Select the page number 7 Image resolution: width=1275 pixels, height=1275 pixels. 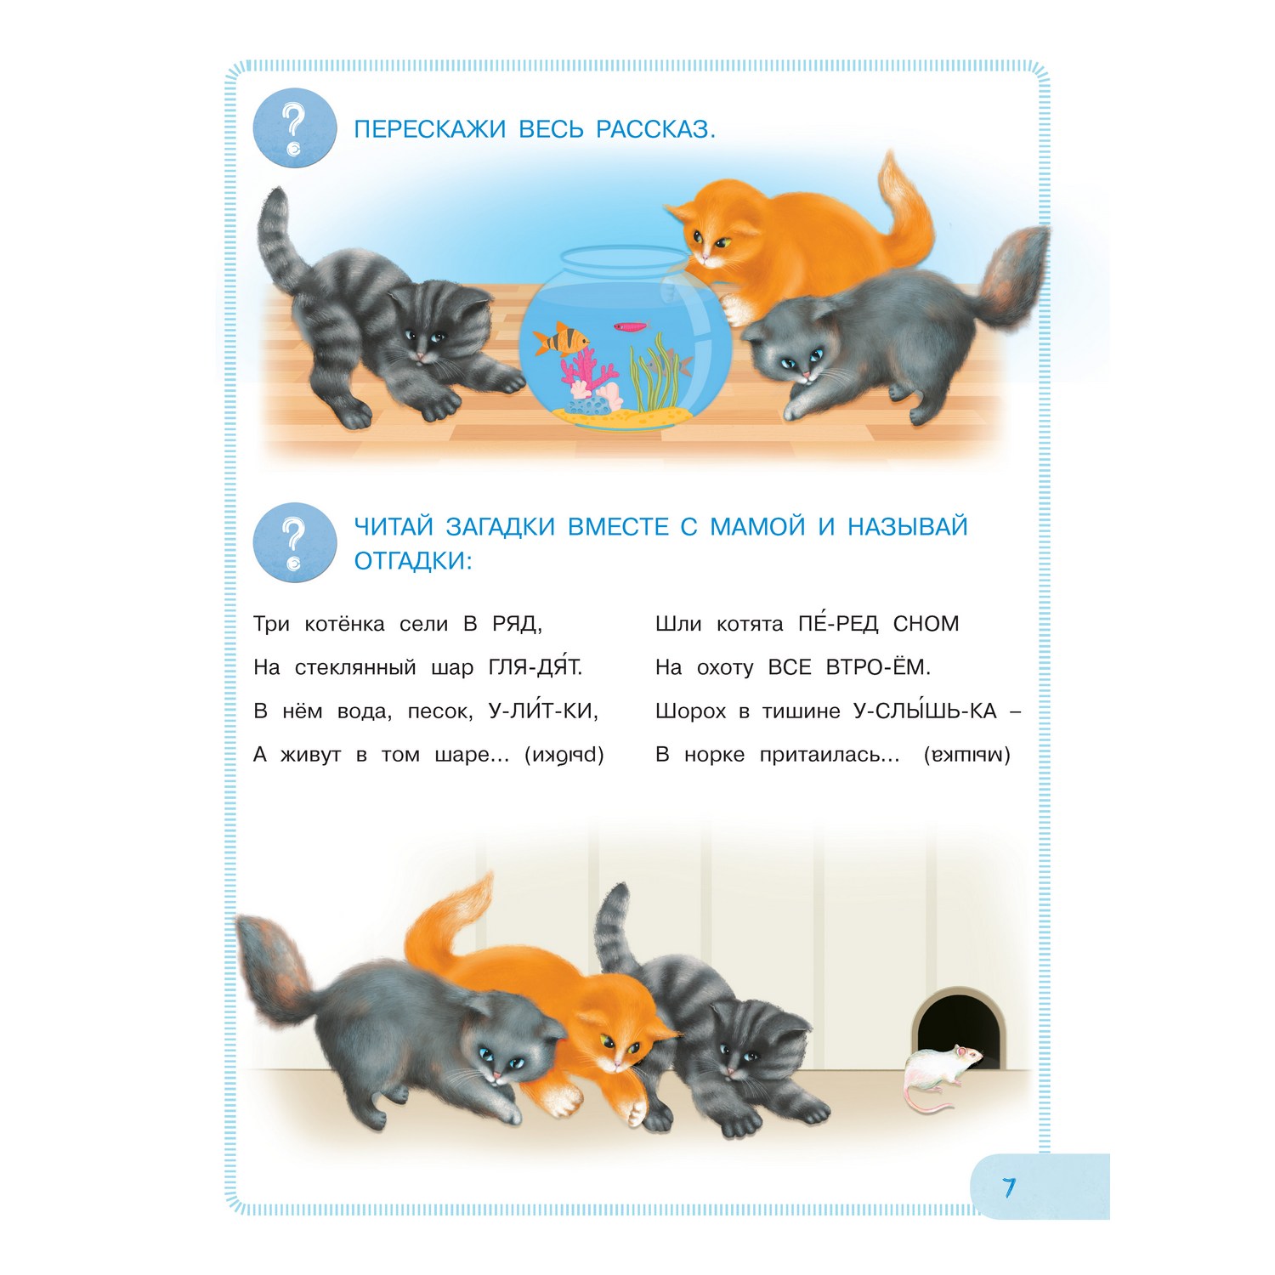tap(1009, 1187)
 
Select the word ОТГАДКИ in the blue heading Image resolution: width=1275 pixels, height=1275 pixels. tap(412, 561)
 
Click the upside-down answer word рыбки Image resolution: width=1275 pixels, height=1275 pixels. tap(564, 755)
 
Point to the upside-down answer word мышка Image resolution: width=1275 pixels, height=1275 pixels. tap(967, 755)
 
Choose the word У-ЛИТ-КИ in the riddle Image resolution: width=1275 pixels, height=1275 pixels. tap(543, 711)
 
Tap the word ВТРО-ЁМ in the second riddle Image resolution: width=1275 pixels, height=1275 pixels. tap(878, 667)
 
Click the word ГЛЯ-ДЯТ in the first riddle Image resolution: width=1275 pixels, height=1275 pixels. tap(535, 667)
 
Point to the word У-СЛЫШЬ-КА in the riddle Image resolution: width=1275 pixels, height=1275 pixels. tap(925, 711)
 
